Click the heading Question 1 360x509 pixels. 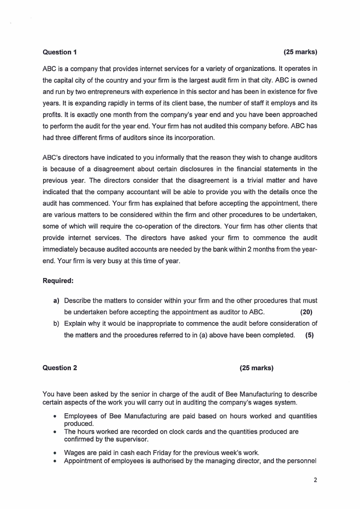coord(59,52)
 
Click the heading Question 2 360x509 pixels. coord(59,368)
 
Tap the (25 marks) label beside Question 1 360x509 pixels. coord(300,52)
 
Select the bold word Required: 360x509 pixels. coord(58,281)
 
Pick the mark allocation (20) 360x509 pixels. coord(306,312)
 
